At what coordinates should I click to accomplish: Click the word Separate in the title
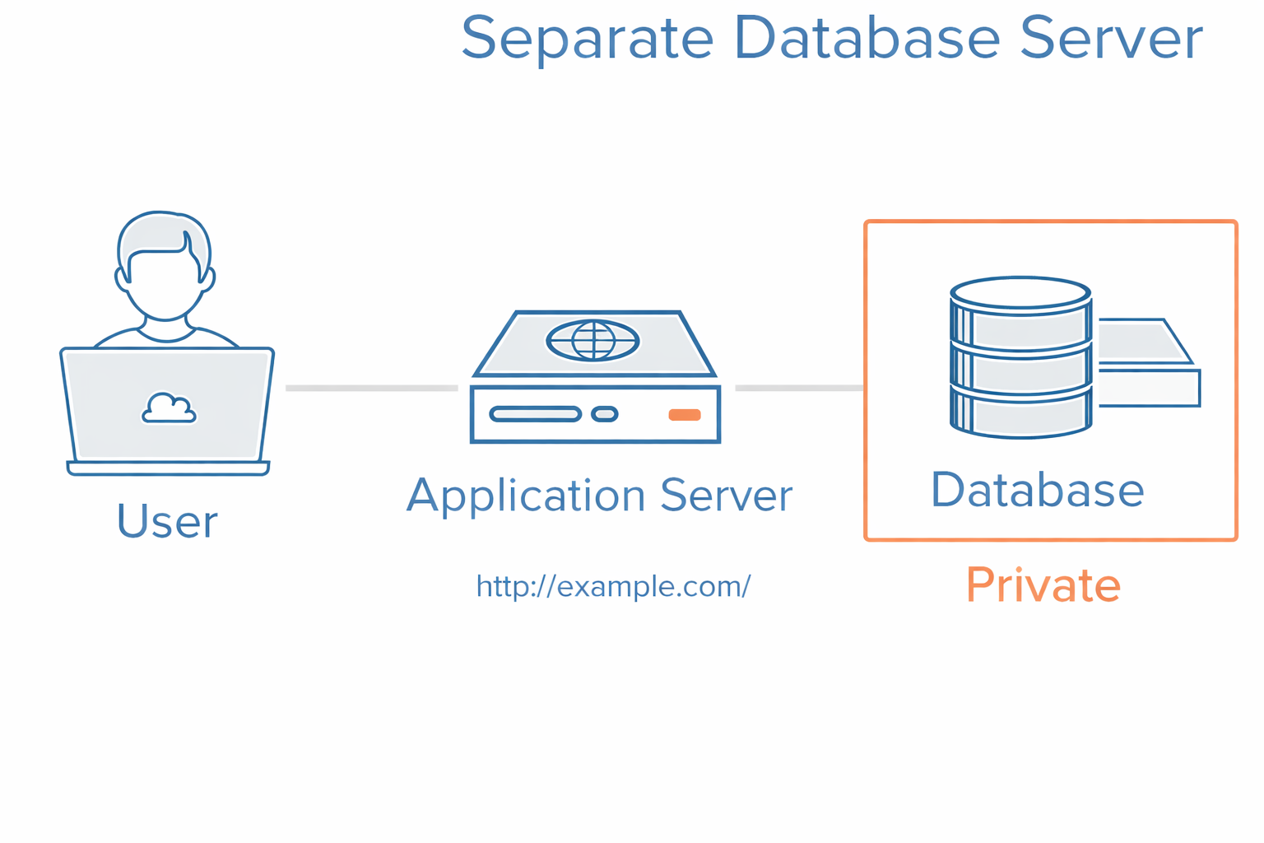click(587, 39)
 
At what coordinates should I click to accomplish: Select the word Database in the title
click(866, 38)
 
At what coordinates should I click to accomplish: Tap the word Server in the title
click(1111, 38)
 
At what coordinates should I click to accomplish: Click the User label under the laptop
click(167, 522)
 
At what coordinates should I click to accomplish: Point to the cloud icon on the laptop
click(169, 408)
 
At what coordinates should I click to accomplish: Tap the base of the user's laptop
click(168, 468)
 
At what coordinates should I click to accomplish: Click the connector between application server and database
click(799, 388)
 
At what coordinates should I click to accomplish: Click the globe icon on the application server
click(592, 340)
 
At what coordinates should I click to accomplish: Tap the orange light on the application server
click(684, 414)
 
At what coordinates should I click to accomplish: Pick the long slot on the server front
click(535, 414)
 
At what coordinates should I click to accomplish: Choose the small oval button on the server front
click(605, 414)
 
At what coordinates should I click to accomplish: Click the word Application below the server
click(526, 496)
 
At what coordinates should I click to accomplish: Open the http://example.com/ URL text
click(613, 586)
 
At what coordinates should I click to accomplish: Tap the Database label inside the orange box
click(1037, 490)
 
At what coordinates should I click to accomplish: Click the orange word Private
click(1043, 585)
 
